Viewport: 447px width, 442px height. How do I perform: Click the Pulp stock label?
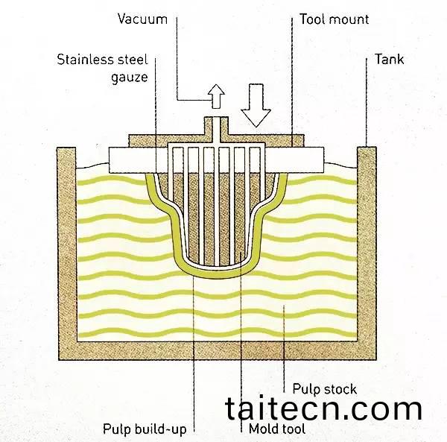tap(324, 389)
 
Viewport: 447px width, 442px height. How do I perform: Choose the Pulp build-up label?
tap(145, 429)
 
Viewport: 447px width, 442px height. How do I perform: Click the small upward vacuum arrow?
tap(216, 95)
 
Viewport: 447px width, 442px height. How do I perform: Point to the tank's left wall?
tap(67, 246)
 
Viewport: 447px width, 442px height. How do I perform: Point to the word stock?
tap(341, 389)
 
